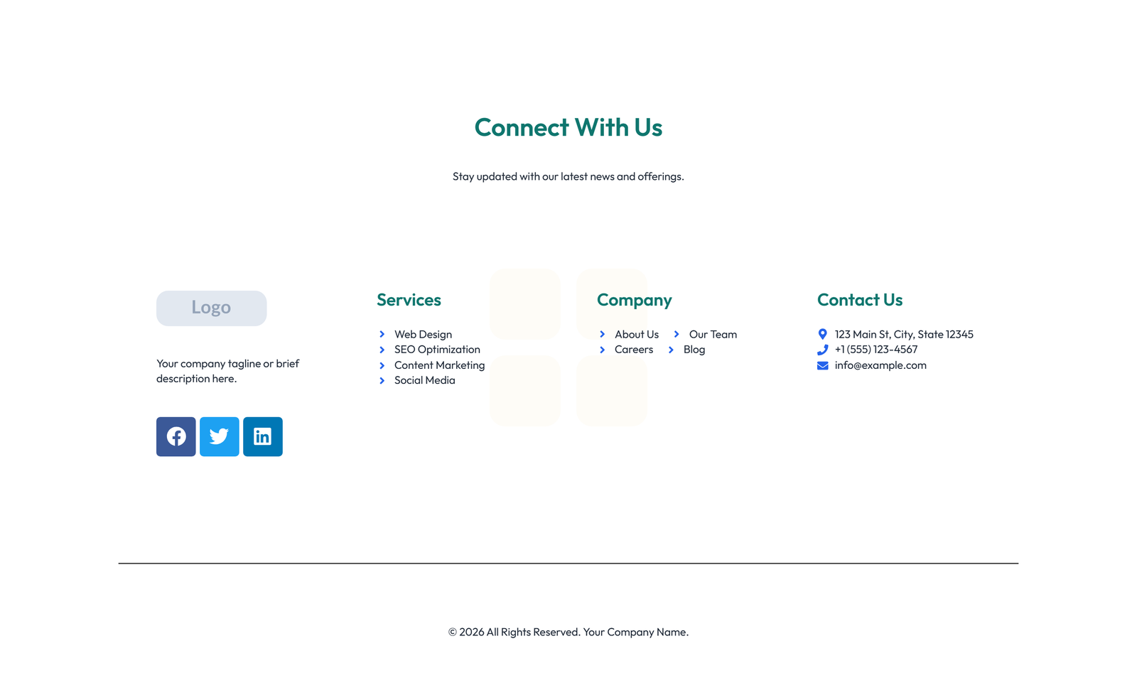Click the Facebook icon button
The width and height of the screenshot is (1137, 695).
pos(176,436)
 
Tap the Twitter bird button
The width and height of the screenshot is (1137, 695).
pos(219,436)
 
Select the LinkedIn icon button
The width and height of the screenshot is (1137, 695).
pos(262,436)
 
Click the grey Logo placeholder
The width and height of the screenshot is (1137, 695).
pos(211,308)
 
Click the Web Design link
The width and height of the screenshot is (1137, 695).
pos(423,334)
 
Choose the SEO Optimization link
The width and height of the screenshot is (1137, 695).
pos(437,350)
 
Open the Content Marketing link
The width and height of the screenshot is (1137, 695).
pos(439,365)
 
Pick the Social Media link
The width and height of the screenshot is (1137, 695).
pos(424,380)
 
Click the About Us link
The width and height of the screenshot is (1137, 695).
pos(636,334)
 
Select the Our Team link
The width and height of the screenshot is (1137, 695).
pos(713,334)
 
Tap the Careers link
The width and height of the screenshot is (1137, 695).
pos(633,350)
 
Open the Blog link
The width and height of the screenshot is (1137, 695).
pos(694,350)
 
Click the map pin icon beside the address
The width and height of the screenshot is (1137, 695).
pos(822,334)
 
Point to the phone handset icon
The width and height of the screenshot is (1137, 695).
pos(822,350)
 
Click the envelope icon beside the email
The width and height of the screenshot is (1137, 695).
pos(822,365)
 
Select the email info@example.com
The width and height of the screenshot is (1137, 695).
pos(880,365)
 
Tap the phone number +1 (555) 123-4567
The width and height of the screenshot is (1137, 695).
pos(875,350)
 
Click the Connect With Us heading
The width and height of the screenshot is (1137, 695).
pos(568,128)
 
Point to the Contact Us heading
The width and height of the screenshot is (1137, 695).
pos(859,300)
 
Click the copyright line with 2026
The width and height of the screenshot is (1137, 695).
pos(568,632)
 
